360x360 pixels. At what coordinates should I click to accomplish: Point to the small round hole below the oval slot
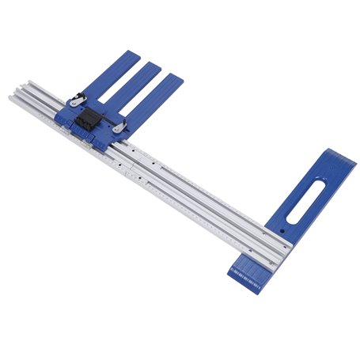point(282,230)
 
